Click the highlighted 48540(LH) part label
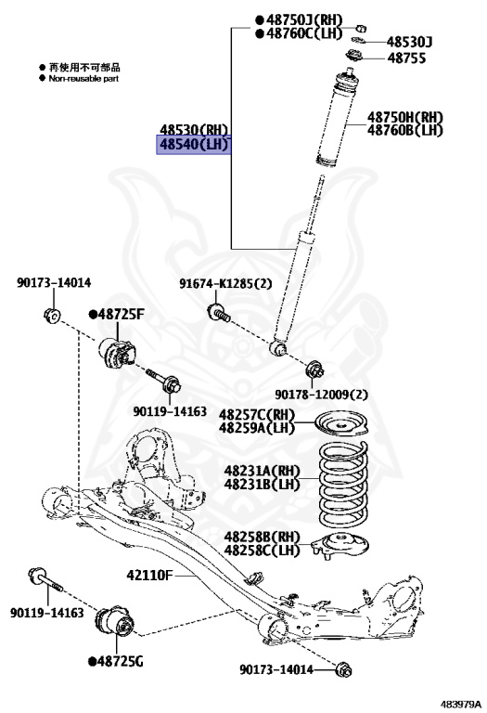(194, 145)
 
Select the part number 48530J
(409, 42)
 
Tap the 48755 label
(406, 58)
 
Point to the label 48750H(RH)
(405, 117)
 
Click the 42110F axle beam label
(149, 576)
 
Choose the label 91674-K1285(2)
(225, 284)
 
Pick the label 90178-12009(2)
(321, 395)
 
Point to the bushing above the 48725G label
(114, 620)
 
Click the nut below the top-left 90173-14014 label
(52, 315)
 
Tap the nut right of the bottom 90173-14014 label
(344, 669)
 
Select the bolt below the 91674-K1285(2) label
(218, 312)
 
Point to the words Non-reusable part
(83, 79)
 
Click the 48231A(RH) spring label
(263, 471)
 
